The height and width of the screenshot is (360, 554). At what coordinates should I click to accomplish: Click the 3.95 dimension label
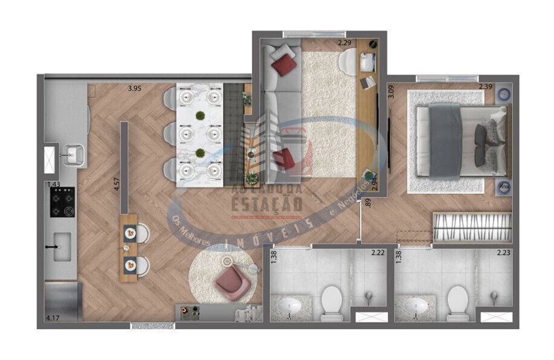coord(134,89)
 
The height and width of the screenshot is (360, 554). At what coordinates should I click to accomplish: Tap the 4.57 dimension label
coord(118,183)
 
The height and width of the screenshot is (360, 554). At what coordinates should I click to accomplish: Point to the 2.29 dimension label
coord(344,43)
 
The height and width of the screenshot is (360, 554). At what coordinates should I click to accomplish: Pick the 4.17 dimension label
coord(54,317)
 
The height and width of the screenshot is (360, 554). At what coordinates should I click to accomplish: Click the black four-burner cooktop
coord(63,202)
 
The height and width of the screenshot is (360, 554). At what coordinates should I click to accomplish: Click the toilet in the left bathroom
coord(332,301)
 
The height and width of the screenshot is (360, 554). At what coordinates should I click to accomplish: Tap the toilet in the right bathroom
coord(457,301)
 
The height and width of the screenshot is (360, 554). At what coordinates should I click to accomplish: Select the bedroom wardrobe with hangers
coord(472,227)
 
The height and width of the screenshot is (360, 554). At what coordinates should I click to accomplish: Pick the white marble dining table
coord(199,135)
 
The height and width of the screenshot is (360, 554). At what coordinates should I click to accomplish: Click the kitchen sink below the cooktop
coord(62,248)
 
